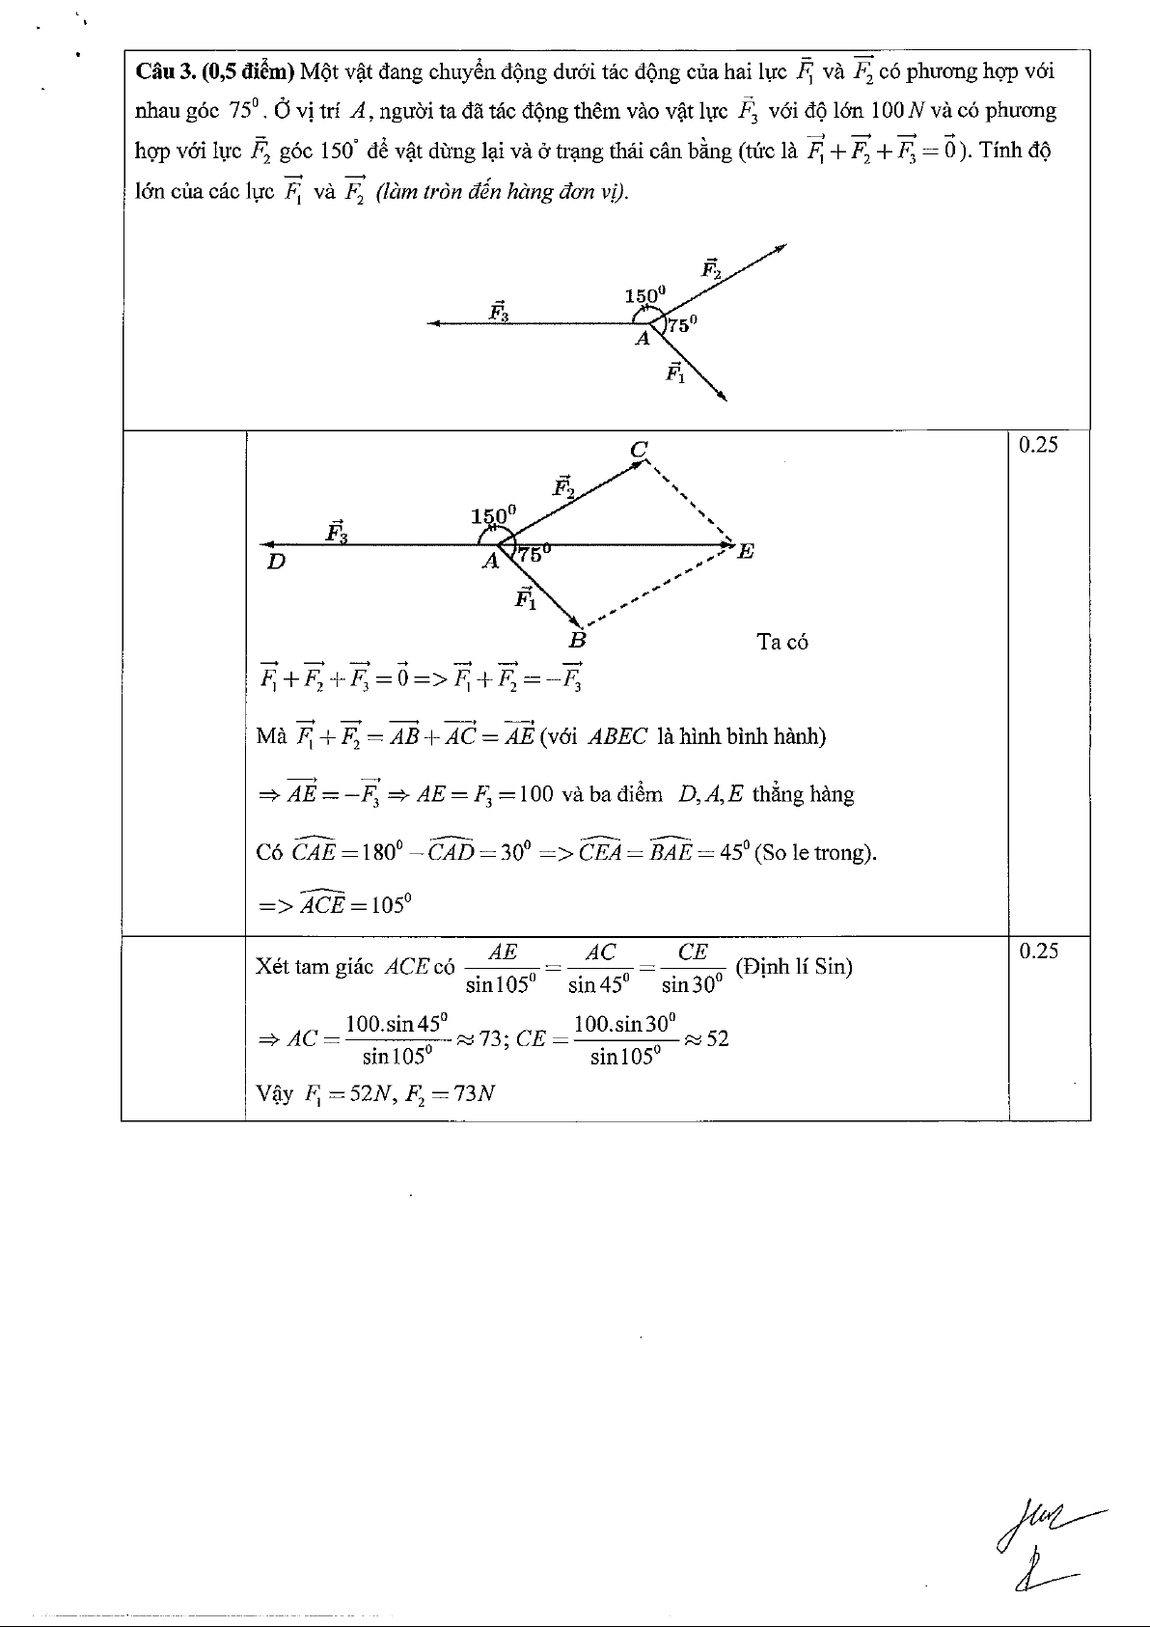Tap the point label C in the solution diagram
pyautogui.click(x=639, y=449)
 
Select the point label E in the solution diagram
pyautogui.click(x=745, y=552)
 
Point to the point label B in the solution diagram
pyautogui.click(x=577, y=639)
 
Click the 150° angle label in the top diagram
pyautogui.click(x=645, y=295)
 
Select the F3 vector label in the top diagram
pyautogui.click(x=499, y=311)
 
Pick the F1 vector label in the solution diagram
pyautogui.click(x=526, y=598)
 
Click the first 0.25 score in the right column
pyautogui.click(x=1038, y=445)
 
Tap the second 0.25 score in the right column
pyautogui.click(x=1038, y=951)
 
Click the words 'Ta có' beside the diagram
pyautogui.click(x=782, y=643)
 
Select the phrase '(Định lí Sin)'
pyautogui.click(x=794, y=966)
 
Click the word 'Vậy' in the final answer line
pyautogui.click(x=274, y=1094)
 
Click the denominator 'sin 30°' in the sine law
pyautogui.click(x=692, y=985)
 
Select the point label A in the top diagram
pyautogui.click(x=642, y=339)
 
